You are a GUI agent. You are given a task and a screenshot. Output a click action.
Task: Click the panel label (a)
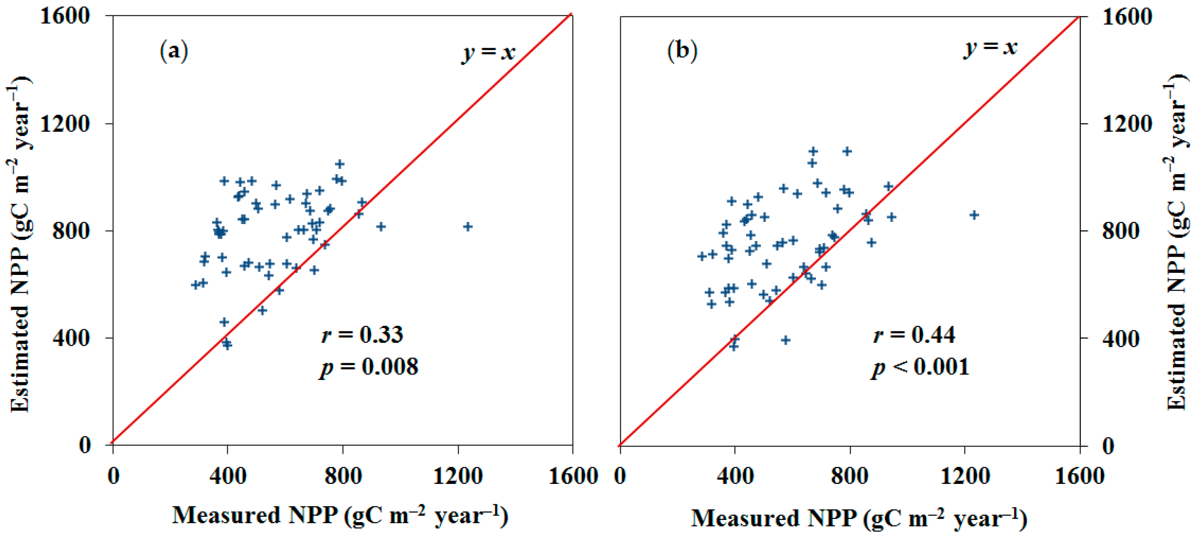pyautogui.click(x=174, y=51)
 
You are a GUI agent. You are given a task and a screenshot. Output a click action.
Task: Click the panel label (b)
pyautogui.click(x=682, y=51)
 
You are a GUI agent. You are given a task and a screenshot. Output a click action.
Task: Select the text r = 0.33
pyautogui.click(x=362, y=335)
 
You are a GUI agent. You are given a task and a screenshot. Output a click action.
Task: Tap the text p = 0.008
pyautogui.click(x=369, y=367)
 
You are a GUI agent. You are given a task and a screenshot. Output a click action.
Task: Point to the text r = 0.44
pyautogui.click(x=914, y=335)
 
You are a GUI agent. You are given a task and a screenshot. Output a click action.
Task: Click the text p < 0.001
pyautogui.click(x=920, y=367)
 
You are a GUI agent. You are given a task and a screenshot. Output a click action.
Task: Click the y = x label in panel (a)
pyautogui.click(x=489, y=52)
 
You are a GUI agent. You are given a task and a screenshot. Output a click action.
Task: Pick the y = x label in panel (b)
pyautogui.click(x=990, y=47)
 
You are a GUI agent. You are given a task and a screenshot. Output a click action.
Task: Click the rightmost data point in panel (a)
pyautogui.click(x=468, y=226)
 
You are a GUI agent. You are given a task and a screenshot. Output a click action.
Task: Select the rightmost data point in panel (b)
pyautogui.click(x=974, y=215)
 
